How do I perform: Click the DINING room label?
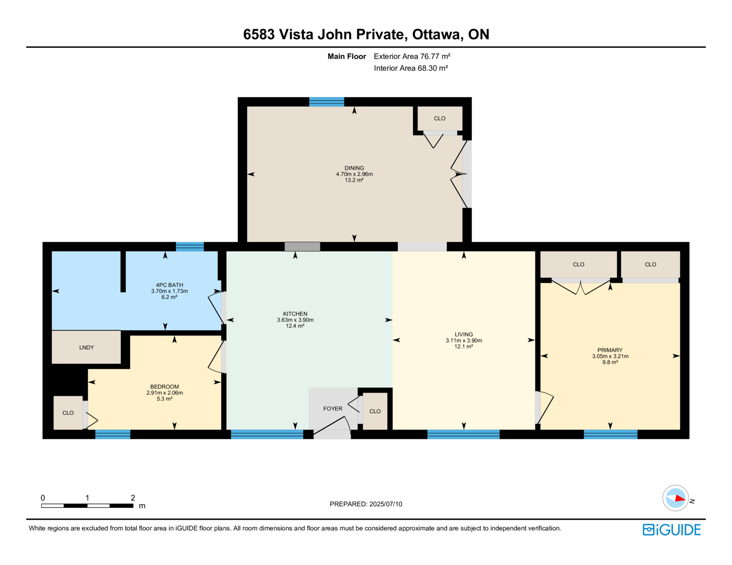pyautogui.click(x=354, y=168)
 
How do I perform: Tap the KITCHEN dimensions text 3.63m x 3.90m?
pyautogui.click(x=295, y=320)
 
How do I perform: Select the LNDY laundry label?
pyautogui.click(x=86, y=347)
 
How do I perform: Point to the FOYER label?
pyautogui.click(x=333, y=409)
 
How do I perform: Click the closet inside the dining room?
pyautogui.click(x=440, y=118)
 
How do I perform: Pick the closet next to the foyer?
pyautogui.click(x=375, y=411)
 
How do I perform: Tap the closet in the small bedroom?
pyautogui.click(x=68, y=413)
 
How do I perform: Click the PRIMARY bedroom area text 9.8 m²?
pyautogui.click(x=610, y=362)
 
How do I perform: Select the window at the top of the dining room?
pyautogui.click(x=326, y=101)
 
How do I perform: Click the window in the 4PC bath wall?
pyautogui.click(x=190, y=247)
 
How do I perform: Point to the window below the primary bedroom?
pyautogui.click(x=610, y=434)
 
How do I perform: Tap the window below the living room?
pyautogui.click(x=463, y=434)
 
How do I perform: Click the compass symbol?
pyautogui.click(x=675, y=498)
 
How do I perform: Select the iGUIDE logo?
pyautogui.click(x=671, y=530)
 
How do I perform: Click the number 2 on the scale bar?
pyautogui.click(x=133, y=498)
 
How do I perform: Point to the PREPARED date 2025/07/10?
pyautogui.click(x=385, y=504)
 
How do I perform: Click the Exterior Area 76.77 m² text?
pyautogui.click(x=412, y=56)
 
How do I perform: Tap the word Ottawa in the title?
pyautogui.click(x=436, y=34)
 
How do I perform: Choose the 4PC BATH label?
pyautogui.click(x=169, y=285)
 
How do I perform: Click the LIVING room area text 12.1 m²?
pyautogui.click(x=463, y=346)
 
